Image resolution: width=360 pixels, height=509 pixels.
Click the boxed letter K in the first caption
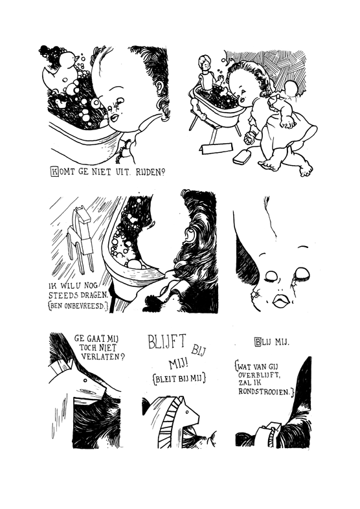55,171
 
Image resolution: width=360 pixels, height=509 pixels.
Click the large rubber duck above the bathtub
62,71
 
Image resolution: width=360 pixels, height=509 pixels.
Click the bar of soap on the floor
242,157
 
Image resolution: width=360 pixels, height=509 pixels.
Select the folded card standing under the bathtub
217,148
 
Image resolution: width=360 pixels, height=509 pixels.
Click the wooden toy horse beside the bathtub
80,238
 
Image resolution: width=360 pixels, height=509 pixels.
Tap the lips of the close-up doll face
281,300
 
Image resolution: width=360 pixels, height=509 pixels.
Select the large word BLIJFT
167,341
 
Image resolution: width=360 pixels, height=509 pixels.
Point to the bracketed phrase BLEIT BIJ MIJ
179,378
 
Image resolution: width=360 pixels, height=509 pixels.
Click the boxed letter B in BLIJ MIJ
258,342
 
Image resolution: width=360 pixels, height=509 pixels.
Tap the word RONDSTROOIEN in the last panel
264,392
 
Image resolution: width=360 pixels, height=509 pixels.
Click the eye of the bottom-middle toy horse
187,412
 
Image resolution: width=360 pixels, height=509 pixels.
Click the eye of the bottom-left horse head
85,380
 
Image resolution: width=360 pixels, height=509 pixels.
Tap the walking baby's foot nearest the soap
268,166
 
